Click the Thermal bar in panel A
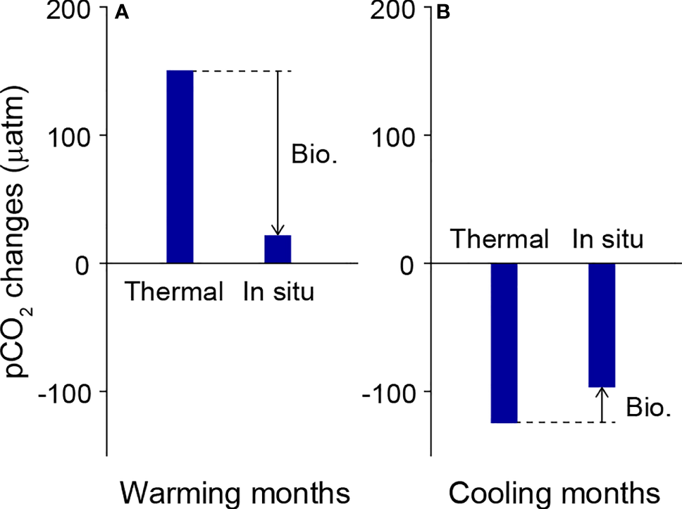pyautogui.click(x=180, y=167)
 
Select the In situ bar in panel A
pyautogui.click(x=278, y=249)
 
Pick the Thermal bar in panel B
pyautogui.click(x=504, y=343)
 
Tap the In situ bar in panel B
pyautogui.click(x=602, y=325)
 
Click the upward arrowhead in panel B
pyautogui.click(x=602, y=393)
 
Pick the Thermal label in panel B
pyautogui.click(x=500, y=239)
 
